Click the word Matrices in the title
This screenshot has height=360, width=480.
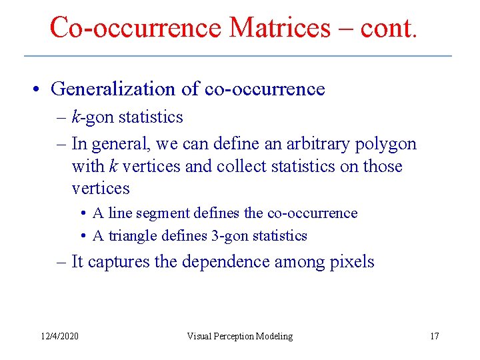279,27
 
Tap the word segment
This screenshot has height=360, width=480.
163,213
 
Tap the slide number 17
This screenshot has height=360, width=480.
434,336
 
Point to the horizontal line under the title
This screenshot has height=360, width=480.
237,55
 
